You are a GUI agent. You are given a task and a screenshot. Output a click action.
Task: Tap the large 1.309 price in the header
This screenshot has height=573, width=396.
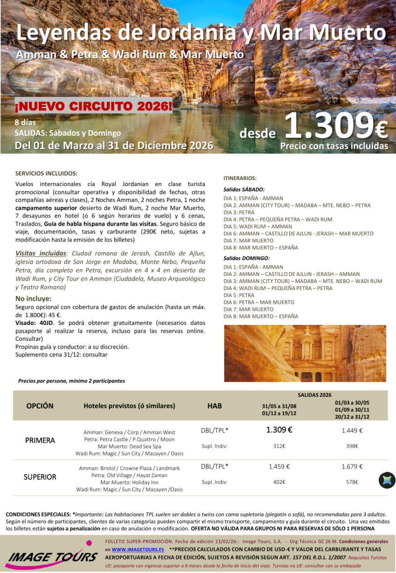click(335, 125)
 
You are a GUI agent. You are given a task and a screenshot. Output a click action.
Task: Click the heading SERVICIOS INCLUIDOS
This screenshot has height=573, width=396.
click(46, 173)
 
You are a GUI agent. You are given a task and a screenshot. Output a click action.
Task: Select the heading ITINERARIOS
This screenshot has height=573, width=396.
click(240, 178)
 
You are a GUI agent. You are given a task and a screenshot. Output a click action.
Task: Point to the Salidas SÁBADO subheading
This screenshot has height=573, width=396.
click(244, 190)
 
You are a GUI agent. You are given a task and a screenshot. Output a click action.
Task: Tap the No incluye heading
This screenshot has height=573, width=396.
click(34, 298)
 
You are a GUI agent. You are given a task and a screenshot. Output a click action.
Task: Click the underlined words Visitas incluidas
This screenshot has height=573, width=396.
click(41, 254)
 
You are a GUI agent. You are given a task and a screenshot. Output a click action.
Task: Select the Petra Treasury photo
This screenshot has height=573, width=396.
click(305, 353)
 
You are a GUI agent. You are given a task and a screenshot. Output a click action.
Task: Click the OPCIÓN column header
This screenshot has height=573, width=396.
click(40, 406)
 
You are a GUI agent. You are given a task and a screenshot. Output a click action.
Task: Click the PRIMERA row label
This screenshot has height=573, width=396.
click(40, 441)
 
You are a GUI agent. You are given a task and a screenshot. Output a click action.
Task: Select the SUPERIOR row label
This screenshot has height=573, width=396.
click(40, 477)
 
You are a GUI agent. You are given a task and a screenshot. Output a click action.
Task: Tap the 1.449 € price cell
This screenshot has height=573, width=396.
click(352, 431)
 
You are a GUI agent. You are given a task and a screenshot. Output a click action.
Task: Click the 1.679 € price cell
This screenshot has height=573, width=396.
click(352, 467)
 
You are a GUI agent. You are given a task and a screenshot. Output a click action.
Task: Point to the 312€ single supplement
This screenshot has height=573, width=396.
click(279, 446)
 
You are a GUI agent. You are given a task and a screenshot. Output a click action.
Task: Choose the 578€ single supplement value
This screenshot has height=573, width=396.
click(352, 482)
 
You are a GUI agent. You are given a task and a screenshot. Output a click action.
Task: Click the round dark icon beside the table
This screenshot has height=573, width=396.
click(387, 480)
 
